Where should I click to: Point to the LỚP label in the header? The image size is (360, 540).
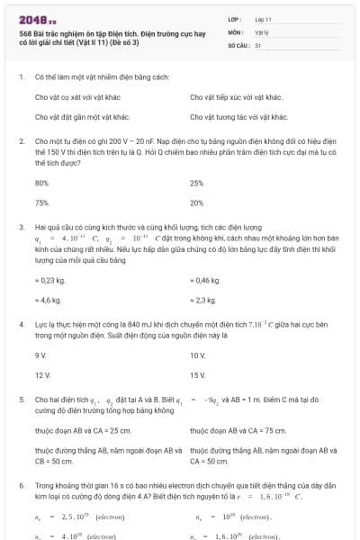235,18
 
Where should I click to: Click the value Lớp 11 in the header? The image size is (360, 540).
264,18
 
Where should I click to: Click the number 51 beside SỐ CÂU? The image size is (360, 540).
258,44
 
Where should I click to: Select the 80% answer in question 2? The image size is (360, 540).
41,183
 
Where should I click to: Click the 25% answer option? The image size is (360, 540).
197,183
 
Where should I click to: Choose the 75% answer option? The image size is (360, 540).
41,202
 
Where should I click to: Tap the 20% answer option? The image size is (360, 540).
197,202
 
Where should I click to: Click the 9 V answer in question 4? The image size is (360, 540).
40,355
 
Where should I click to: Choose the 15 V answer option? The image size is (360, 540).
198,373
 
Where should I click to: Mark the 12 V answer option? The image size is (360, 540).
41,373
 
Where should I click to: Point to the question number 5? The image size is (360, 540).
21,398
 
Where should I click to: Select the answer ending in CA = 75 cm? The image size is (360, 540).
237,430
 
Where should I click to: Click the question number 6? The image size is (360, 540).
21,484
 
